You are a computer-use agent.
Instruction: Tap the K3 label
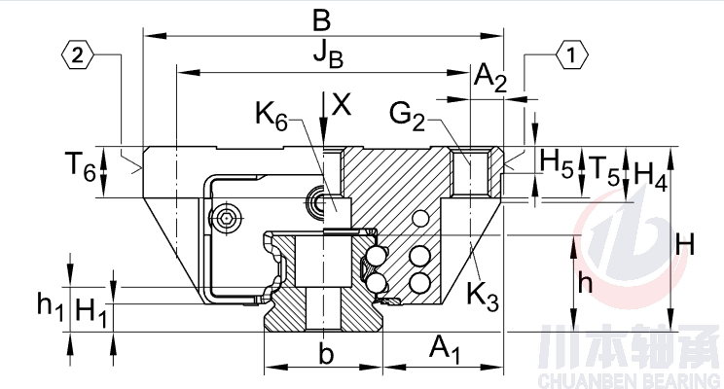point(483,295)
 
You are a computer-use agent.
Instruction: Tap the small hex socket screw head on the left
point(227,218)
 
